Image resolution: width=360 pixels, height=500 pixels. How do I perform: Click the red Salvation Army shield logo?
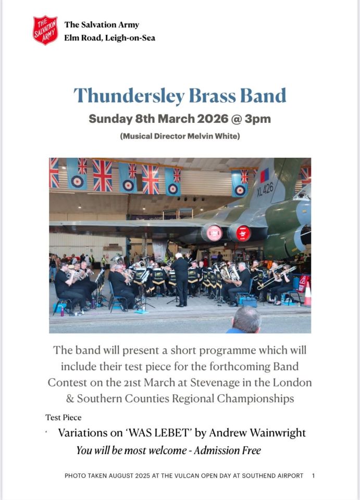pos(45,30)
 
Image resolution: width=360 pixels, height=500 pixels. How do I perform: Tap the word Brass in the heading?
pos(216,96)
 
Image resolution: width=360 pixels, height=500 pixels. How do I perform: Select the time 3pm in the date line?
pos(258,119)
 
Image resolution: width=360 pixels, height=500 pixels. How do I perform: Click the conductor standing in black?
pos(180,279)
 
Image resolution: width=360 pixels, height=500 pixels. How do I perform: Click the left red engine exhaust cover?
pos(213,233)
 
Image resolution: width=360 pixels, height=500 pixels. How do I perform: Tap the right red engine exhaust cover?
pos(243,233)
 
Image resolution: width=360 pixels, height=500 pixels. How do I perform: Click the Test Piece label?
pos(64,417)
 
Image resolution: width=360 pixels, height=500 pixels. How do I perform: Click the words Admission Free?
pos(227,451)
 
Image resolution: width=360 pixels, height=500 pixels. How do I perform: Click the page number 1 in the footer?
pos(313,476)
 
